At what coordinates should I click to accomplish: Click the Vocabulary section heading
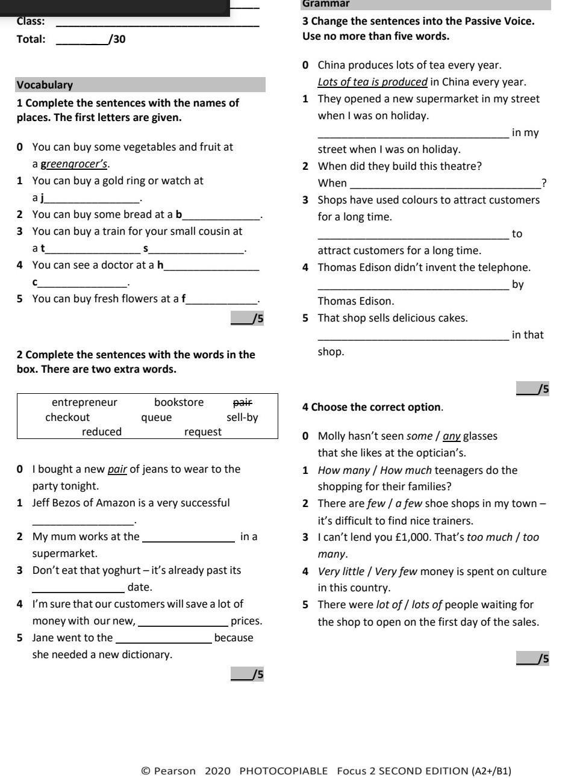(x=45, y=85)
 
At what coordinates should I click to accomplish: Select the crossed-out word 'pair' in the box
(x=242, y=402)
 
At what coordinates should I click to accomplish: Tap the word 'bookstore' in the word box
(x=179, y=402)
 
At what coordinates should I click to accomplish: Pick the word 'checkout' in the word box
(x=67, y=417)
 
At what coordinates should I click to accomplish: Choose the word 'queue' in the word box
(x=156, y=417)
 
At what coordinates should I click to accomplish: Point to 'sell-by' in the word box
(x=242, y=417)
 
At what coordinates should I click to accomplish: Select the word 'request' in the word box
(x=202, y=432)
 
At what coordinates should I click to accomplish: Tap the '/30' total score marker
(x=117, y=40)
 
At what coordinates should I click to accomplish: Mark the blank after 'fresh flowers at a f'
(x=221, y=299)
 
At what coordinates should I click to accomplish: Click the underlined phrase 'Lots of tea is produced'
(x=372, y=82)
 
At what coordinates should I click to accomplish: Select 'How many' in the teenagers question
(x=338, y=470)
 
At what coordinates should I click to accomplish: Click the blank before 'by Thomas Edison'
(x=413, y=285)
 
